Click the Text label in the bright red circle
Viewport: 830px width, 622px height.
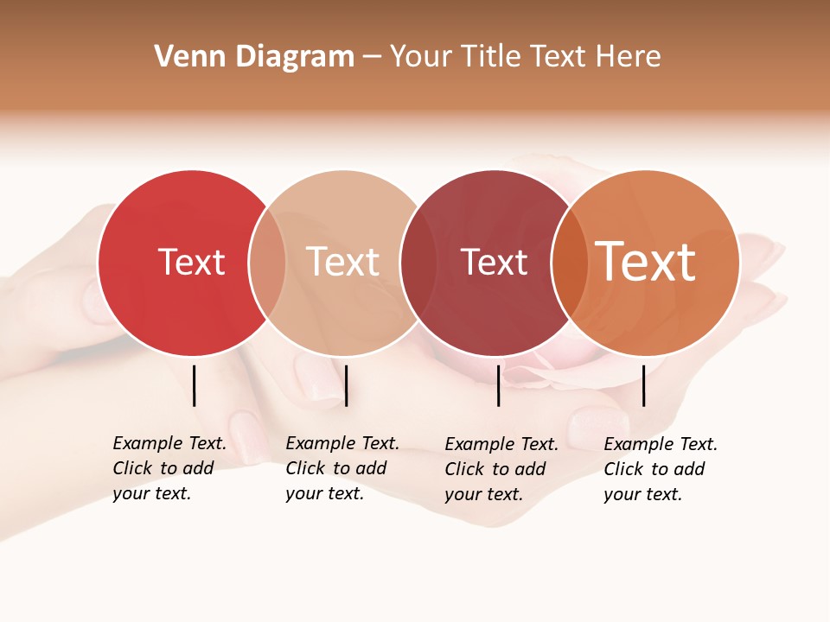coord(191,262)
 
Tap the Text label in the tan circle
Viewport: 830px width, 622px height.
coord(342,262)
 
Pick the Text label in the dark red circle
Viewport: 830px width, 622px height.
coord(494,263)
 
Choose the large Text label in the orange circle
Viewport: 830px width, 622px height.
coord(645,262)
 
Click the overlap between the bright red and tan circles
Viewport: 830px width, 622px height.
coord(267,263)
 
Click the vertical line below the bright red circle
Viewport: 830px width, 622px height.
coord(195,385)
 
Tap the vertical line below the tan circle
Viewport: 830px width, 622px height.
coord(346,385)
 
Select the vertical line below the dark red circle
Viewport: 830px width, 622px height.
coord(498,385)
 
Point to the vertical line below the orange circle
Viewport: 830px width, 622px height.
coord(643,385)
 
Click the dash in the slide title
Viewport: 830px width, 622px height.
coord(372,58)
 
